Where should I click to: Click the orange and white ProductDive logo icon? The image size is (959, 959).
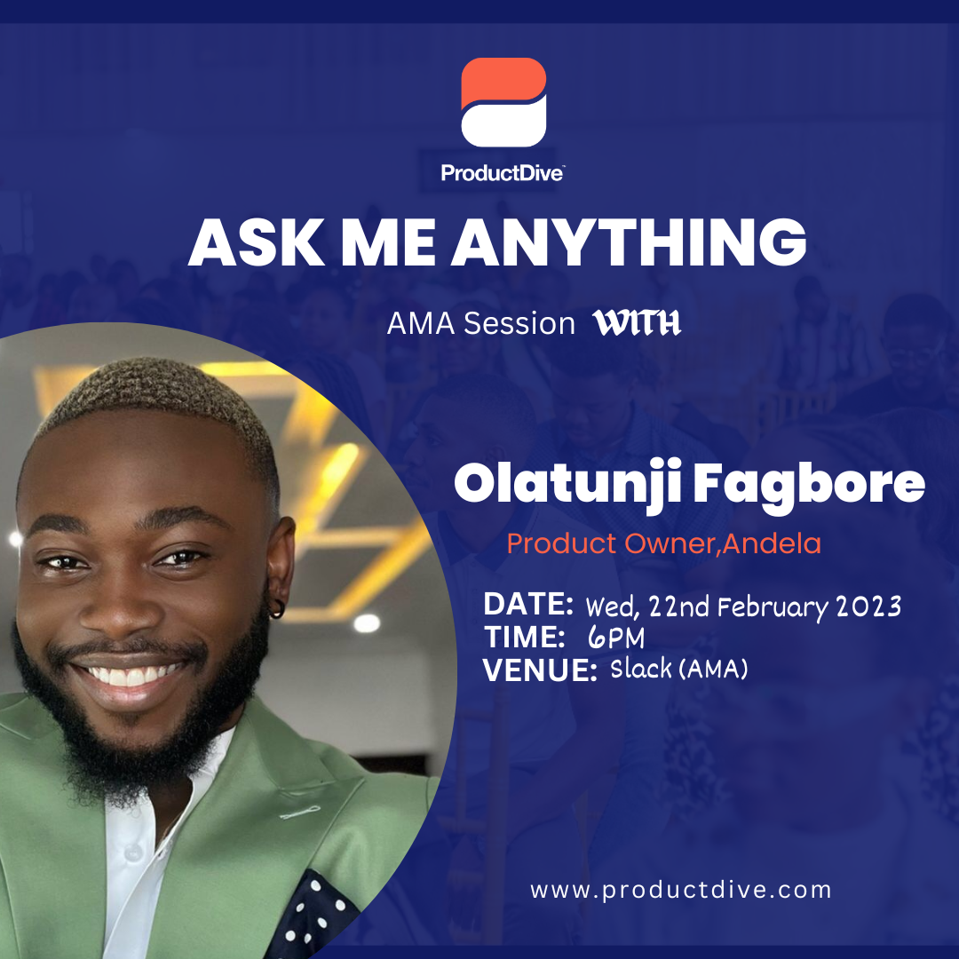pyautogui.click(x=503, y=102)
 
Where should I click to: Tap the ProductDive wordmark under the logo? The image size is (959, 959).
pyautogui.click(x=502, y=173)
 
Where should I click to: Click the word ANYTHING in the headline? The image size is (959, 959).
pyautogui.click(x=629, y=242)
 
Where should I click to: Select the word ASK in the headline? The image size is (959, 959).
pyautogui.click(x=257, y=242)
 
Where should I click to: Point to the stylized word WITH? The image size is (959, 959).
pyautogui.click(x=637, y=323)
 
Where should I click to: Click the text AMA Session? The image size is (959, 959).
pyautogui.click(x=480, y=323)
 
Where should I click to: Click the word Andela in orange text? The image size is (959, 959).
pyautogui.click(x=772, y=543)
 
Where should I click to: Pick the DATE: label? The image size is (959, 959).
pyautogui.click(x=528, y=604)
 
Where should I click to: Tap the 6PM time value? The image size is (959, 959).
pyautogui.click(x=616, y=638)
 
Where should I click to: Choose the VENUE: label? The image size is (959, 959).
pyautogui.click(x=540, y=670)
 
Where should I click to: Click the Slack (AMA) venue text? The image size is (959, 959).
pyautogui.click(x=679, y=669)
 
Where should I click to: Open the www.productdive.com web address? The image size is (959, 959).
pyautogui.click(x=681, y=889)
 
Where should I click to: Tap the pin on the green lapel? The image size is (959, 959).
pyautogui.click(x=300, y=812)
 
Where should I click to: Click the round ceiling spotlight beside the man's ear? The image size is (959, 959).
pyautogui.click(x=367, y=622)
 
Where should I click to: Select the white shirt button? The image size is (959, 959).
pyautogui.click(x=131, y=852)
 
